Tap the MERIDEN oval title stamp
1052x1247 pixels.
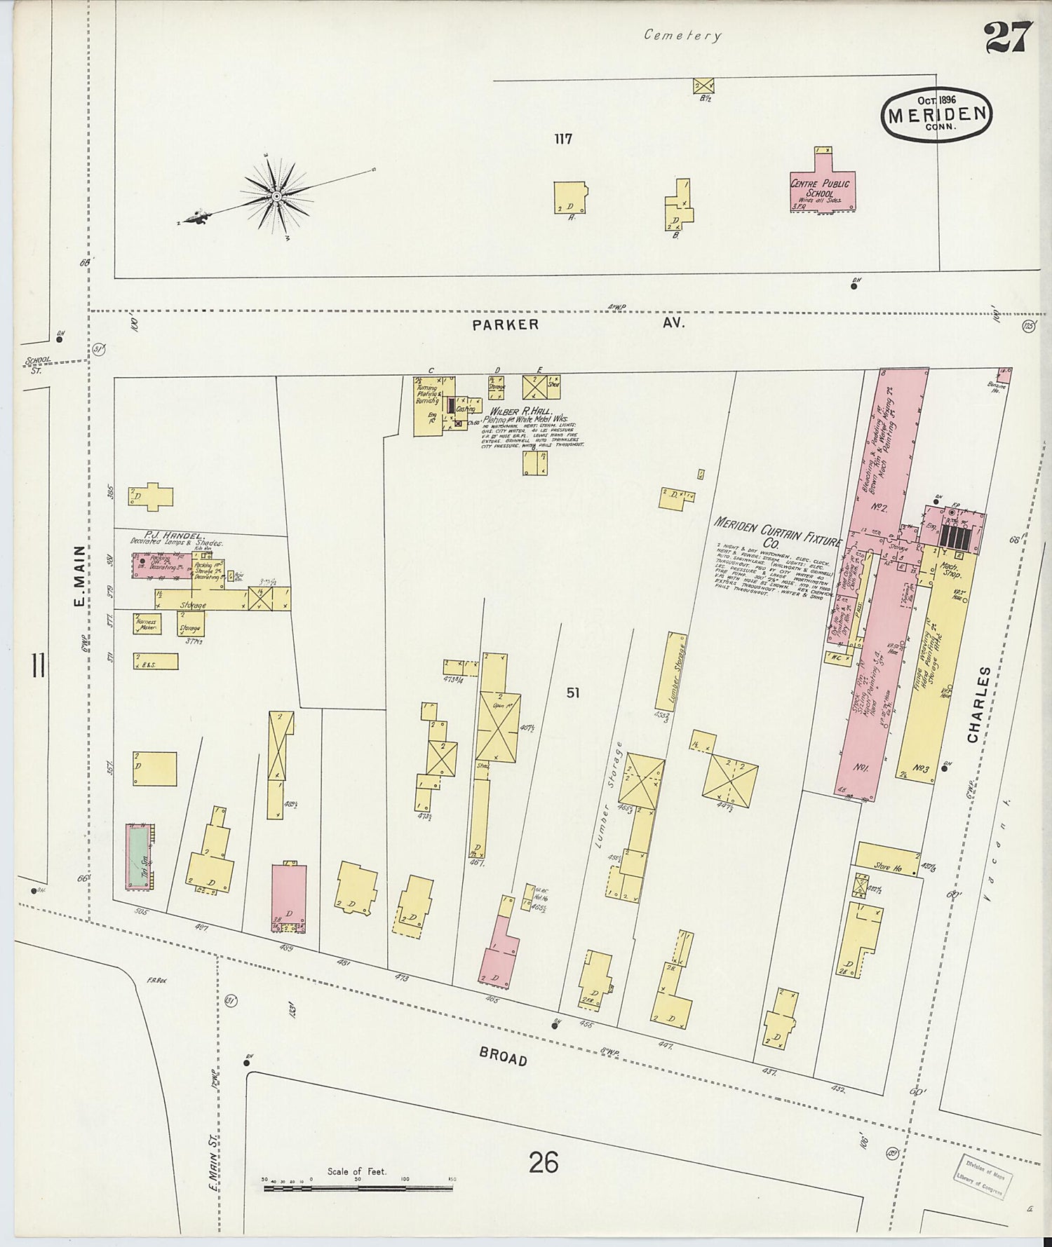(936, 115)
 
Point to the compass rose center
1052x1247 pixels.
(276, 196)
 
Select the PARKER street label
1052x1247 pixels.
(505, 325)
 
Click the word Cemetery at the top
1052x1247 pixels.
(682, 35)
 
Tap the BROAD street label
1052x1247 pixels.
(503, 1056)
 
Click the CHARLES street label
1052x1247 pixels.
(980, 704)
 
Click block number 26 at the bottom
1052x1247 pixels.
(544, 1162)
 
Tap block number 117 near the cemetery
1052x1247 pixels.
(563, 139)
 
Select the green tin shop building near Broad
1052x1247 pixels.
(138, 857)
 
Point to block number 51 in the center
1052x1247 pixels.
(573, 693)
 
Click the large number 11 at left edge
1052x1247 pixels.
(38, 665)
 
